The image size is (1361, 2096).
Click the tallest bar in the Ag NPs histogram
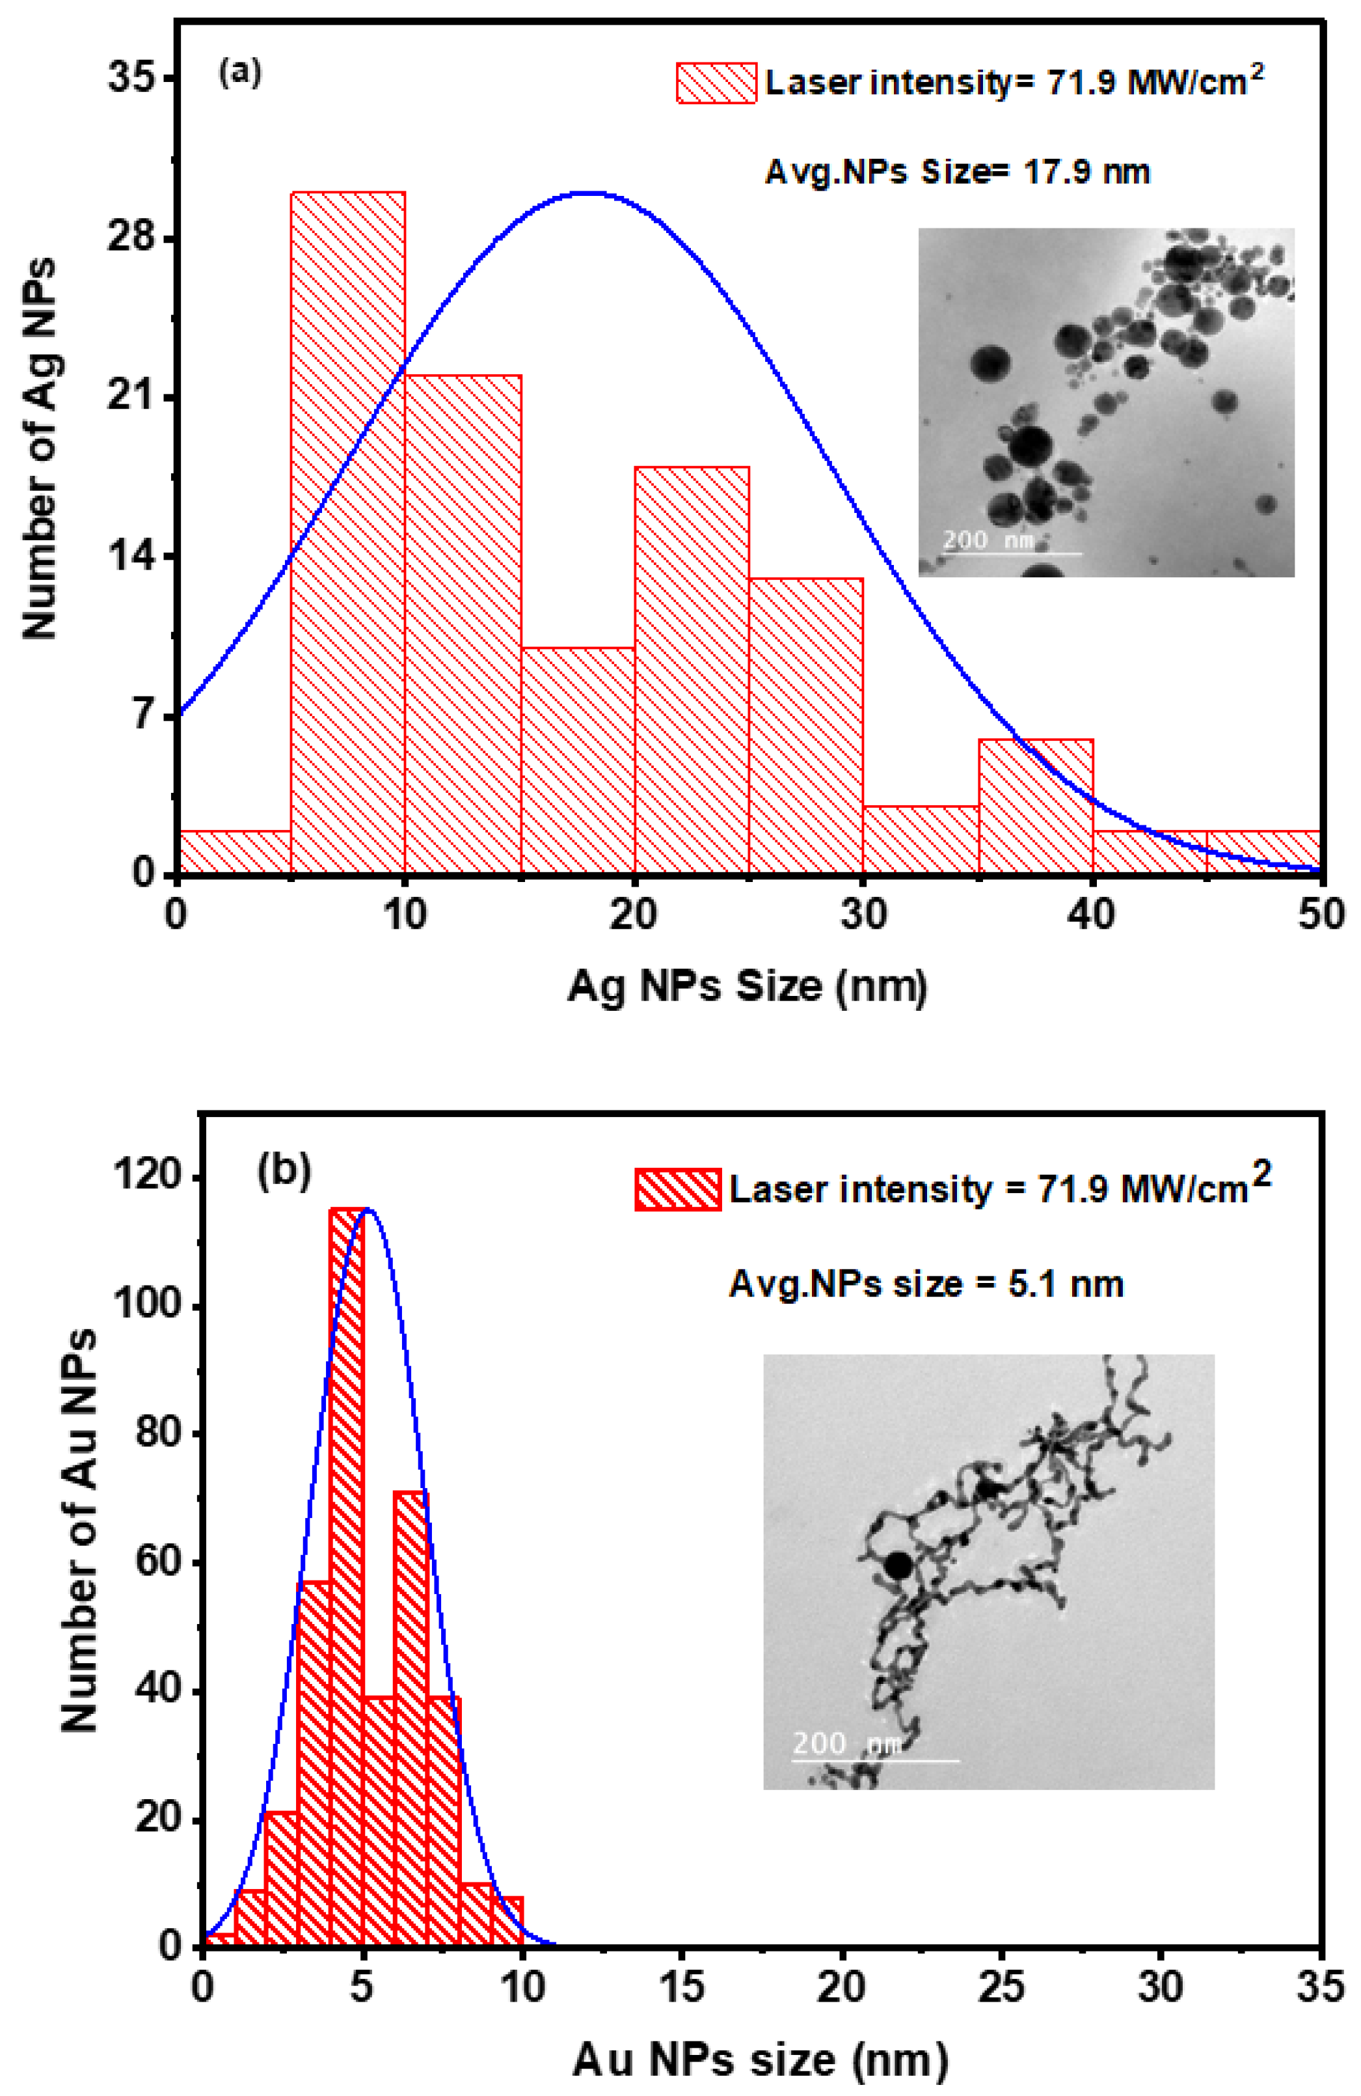point(348,529)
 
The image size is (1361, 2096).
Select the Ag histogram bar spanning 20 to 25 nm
point(692,669)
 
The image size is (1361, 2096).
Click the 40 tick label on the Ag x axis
point(1092,914)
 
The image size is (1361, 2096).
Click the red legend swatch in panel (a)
point(716,83)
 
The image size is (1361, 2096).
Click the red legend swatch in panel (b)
point(677,1189)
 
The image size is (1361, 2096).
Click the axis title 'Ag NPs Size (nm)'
point(746,986)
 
